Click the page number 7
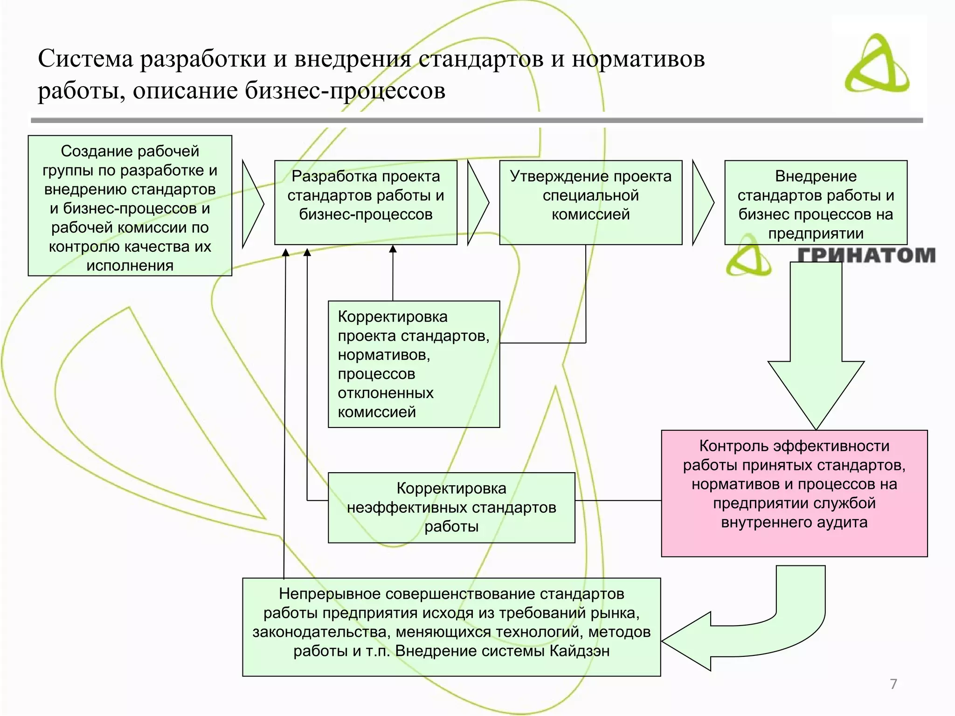click(893, 684)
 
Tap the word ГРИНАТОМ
click(866, 256)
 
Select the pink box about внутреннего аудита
click(794, 493)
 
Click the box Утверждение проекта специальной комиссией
click(590, 202)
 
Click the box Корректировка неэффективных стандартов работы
click(451, 508)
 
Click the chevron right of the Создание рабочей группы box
click(252, 204)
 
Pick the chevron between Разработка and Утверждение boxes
click(477, 203)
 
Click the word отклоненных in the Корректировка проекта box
click(385, 393)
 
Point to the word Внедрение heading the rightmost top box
click(816, 176)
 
